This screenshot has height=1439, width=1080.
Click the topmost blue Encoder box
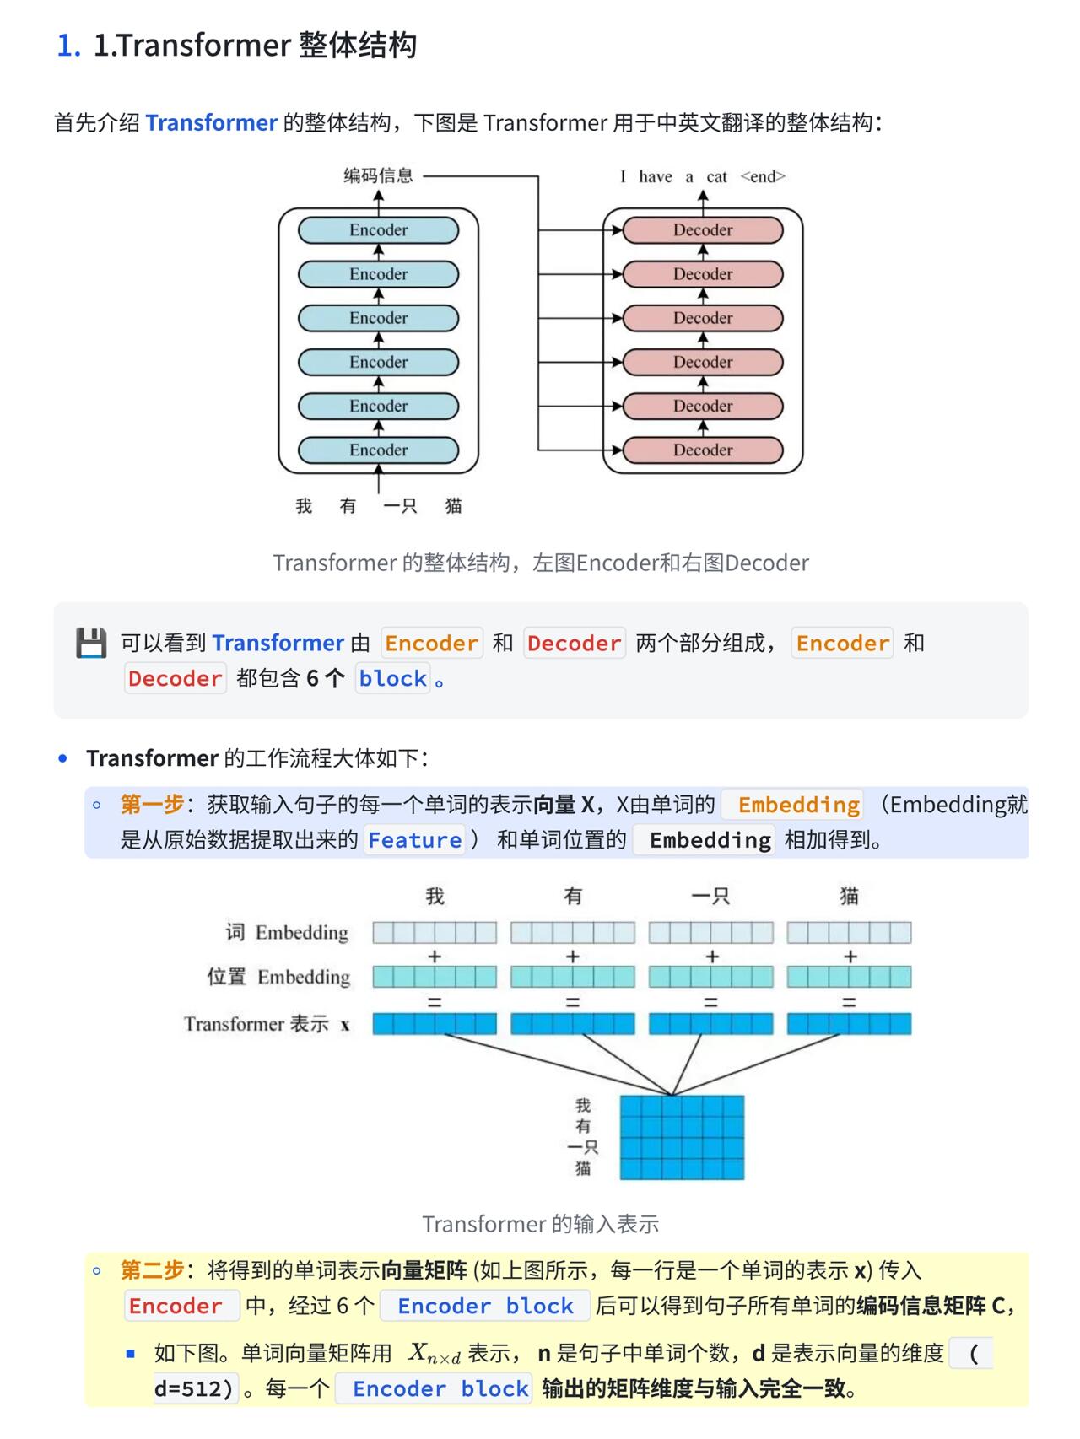pyautogui.click(x=378, y=230)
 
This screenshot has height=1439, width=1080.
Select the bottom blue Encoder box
pyautogui.click(x=378, y=450)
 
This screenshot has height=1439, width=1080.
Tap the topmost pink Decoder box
pyautogui.click(x=702, y=230)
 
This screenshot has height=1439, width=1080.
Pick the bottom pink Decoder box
pyautogui.click(x=702, y=450)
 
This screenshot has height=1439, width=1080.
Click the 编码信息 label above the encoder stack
pyautogui.click(x=378, y=175)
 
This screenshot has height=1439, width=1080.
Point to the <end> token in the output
pyautogui.click(x=763, y=176)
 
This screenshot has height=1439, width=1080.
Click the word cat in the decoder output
pyautogui.click(x=716, y=176)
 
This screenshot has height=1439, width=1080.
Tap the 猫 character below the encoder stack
pyautogui.click(x=453, y=505)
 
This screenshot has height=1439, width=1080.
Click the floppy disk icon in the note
pyautogui.click(x=91, y=643)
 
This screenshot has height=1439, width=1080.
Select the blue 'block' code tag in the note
pyautogui.click(x=392, y=678)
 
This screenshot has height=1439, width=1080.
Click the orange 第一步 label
pyautogui.click(x=152, y=804)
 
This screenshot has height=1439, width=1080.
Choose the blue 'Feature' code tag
pyautogui.click(x=414, y=840)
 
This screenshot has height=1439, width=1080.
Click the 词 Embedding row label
pyautogui.click(x=287, y=932)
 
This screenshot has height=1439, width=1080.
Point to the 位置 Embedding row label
pyautogui.click(x=278, y=977)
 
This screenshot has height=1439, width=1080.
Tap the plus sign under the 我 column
pyautogui.click(x=435, y=957)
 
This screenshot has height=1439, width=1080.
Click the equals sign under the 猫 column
pyautogui.click(x=849, y=1002)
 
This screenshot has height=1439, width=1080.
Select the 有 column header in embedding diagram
pyautogui.click(x=573, y=896)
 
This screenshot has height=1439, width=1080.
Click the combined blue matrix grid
pyautogui.click(x=682, y=1137)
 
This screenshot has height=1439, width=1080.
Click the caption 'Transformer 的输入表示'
pyautogui.click(x=540, y=1224)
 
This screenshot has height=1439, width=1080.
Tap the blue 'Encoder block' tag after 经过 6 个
pyautogui.click(x=485, y=1306)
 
